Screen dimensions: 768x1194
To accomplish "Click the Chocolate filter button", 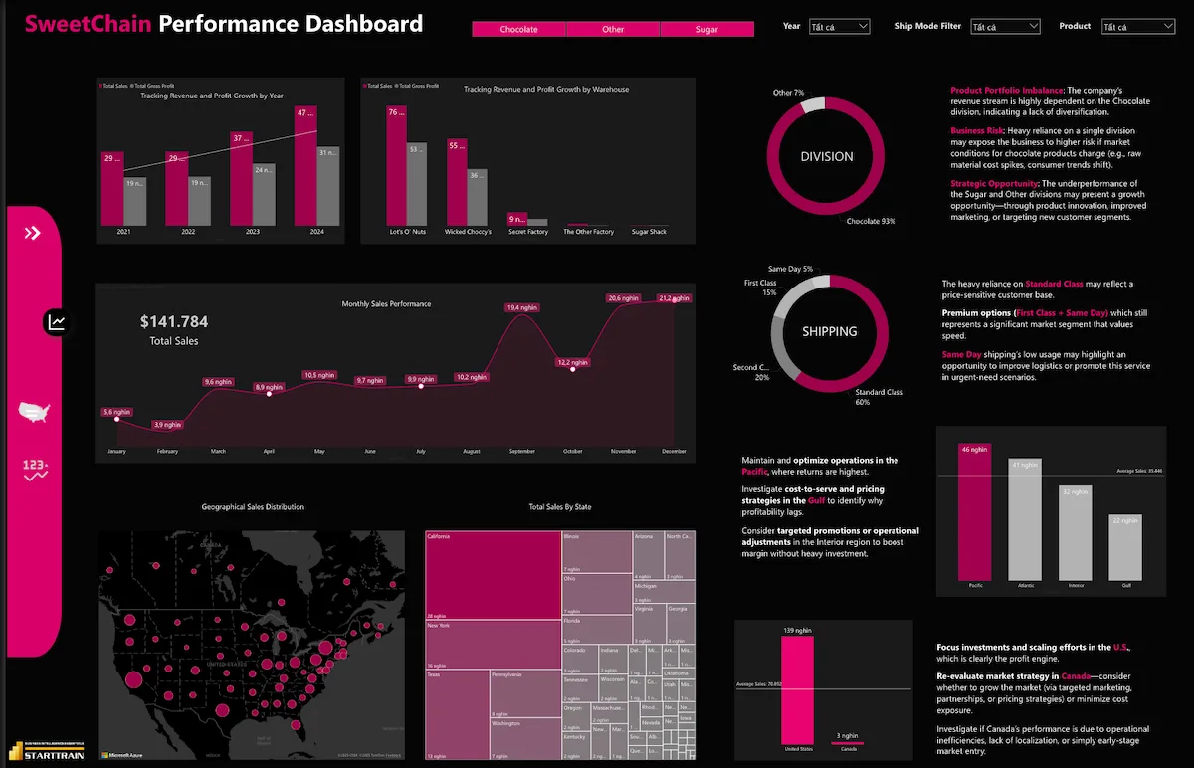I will coord(518,30).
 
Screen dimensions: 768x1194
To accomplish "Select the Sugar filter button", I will coord(706,30).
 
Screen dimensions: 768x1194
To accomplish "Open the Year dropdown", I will coord(839,27).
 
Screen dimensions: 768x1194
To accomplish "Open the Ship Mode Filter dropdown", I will coord(1005,27).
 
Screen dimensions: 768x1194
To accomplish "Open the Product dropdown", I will coord(1137,27).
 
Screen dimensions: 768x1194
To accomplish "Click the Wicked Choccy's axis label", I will coord(469,232).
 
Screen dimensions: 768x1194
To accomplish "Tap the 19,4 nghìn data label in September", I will coord(520,308).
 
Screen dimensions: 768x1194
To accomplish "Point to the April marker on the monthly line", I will coord(269,394).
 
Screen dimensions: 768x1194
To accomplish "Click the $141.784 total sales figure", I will coord(174,321).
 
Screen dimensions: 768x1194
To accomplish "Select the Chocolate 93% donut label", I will coord(871,221).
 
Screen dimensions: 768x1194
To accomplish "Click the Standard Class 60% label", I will coord(879,397).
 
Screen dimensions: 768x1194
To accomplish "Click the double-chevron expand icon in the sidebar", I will coord(33,233).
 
